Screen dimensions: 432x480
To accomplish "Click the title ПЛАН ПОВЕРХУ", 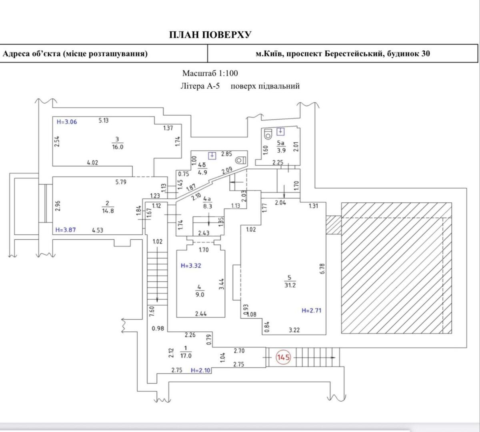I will (x=210, y=35).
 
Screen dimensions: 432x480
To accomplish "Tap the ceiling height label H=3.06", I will (x=66, y=122).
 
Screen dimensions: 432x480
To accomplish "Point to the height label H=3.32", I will (x=190, y=265).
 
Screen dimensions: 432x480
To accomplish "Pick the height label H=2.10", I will (x=200, y=370).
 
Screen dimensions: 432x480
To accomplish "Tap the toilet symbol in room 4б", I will (x=240, y=160).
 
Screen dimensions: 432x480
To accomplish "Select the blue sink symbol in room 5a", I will (x=282, y=131).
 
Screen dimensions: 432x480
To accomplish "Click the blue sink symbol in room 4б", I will (x=212, y=156).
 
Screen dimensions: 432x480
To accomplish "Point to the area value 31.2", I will (x=290, y=286).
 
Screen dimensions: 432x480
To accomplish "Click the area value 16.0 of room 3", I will (x=118, y=146).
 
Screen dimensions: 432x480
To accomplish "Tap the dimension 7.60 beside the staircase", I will (x=152, y=311).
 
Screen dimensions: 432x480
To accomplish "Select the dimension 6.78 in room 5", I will (x=322, y=268).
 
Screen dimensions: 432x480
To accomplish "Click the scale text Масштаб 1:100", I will (x=210, y=73).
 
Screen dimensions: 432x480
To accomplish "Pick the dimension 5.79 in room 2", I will (x=120, y=182).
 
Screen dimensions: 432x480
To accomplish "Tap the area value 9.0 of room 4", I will (x=200, y=295).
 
